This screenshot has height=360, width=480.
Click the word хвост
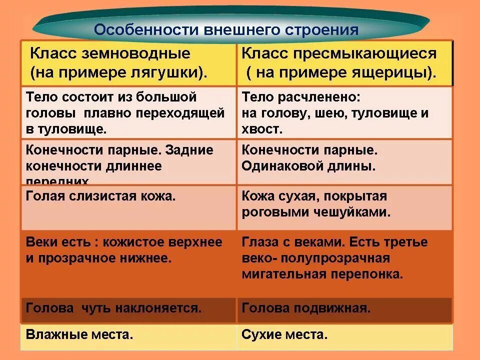click(x=261, y=129)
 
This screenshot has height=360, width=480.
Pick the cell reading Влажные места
click(x=79, y=334)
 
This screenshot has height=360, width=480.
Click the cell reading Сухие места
click(x=284, y=334)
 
